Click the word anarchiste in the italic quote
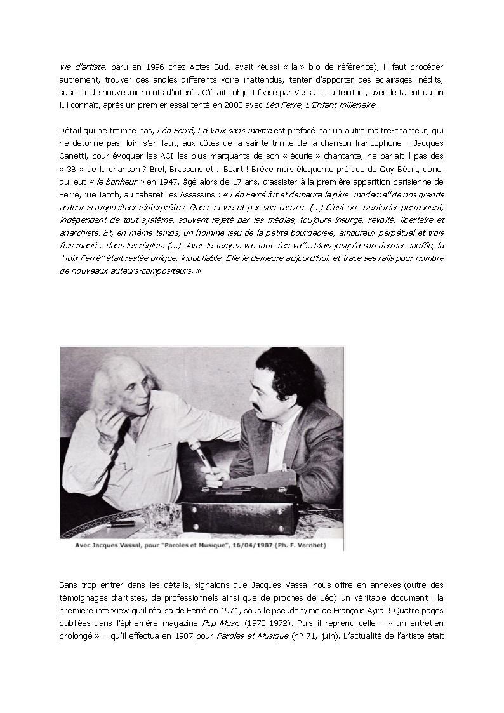tap(83, 232)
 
